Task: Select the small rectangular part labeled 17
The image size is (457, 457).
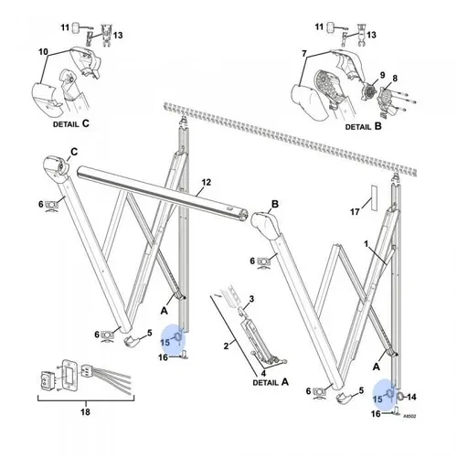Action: point(373,207)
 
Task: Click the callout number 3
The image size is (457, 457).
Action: point(252,298)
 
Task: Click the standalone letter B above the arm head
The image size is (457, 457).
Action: point(273,203)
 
